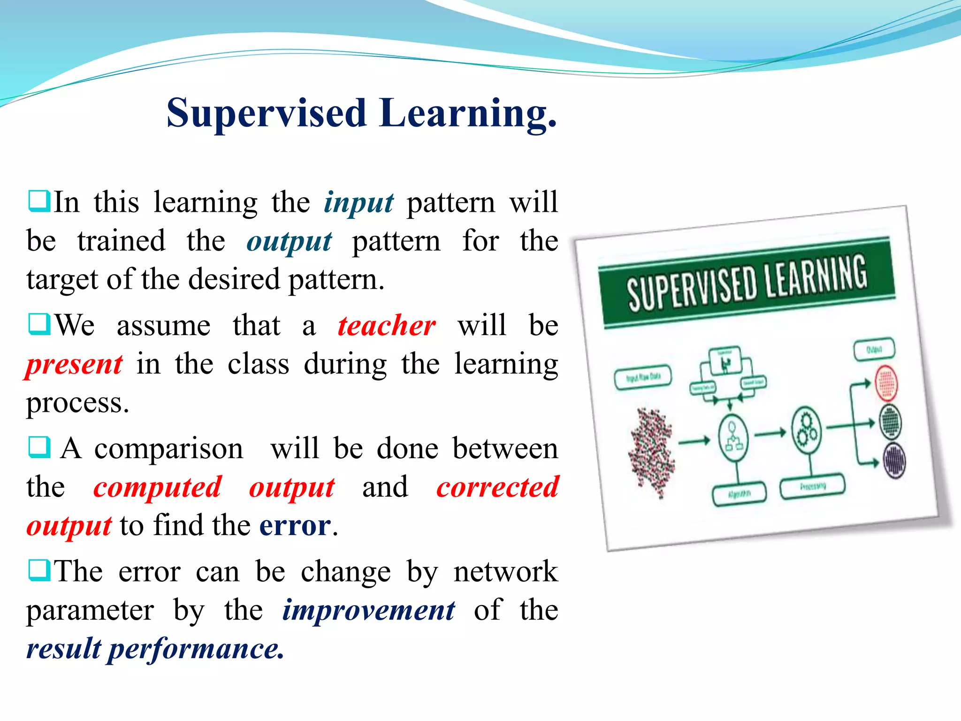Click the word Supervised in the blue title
coord(266,113)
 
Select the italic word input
coord(358,203)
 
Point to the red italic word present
coord(74,364)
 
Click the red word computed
coord(157,487)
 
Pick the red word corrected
coord(497,487)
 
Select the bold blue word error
coord(295,525)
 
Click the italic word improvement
coord(368,610)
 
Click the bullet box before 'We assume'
coord(39,324)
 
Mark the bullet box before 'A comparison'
coord(39,447)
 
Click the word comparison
coord(169,448)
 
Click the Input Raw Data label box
coord(643,377)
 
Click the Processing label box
coord(812,487)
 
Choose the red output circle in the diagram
coord(886,383)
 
